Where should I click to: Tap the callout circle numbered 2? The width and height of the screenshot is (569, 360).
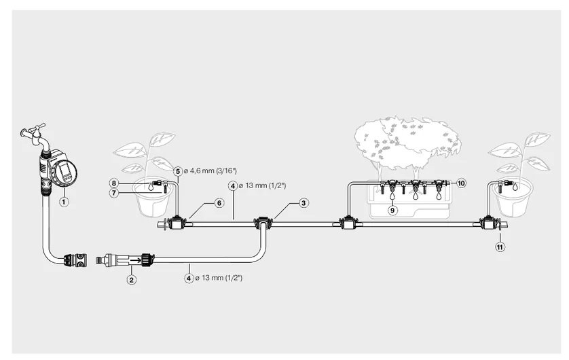[131, 278]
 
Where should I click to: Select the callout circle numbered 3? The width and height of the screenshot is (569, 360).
[304, 202]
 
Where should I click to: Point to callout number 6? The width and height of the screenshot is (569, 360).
[219, 202]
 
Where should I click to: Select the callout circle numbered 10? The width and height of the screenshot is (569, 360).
[461, 183]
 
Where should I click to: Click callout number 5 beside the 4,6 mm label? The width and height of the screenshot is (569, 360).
[177, 171]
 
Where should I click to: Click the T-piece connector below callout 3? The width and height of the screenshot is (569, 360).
[262, 223]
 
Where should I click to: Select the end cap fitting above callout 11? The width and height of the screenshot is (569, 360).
[488, 223]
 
